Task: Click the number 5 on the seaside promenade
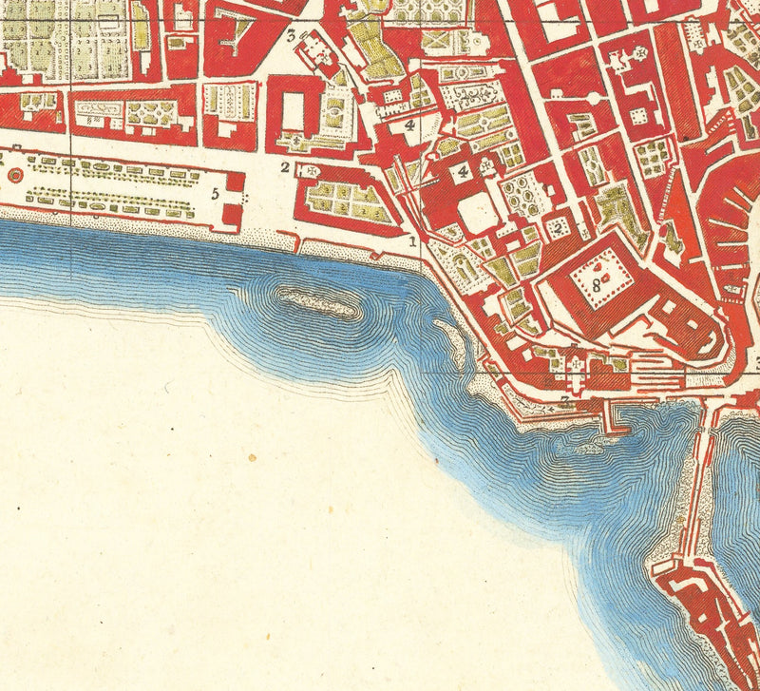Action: click(216, 194)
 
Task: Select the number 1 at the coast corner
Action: click(413, 241)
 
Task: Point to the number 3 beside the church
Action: click(291, 37)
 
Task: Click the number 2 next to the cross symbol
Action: click(284, 168)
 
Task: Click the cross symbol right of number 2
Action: click(309, 169)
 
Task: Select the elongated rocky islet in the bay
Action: click(319, 303)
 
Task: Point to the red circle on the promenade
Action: click(13, 176)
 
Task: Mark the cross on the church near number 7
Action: click(577, 362)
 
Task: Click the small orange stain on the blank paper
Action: click(252, 458)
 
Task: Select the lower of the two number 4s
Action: click(463, 171)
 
